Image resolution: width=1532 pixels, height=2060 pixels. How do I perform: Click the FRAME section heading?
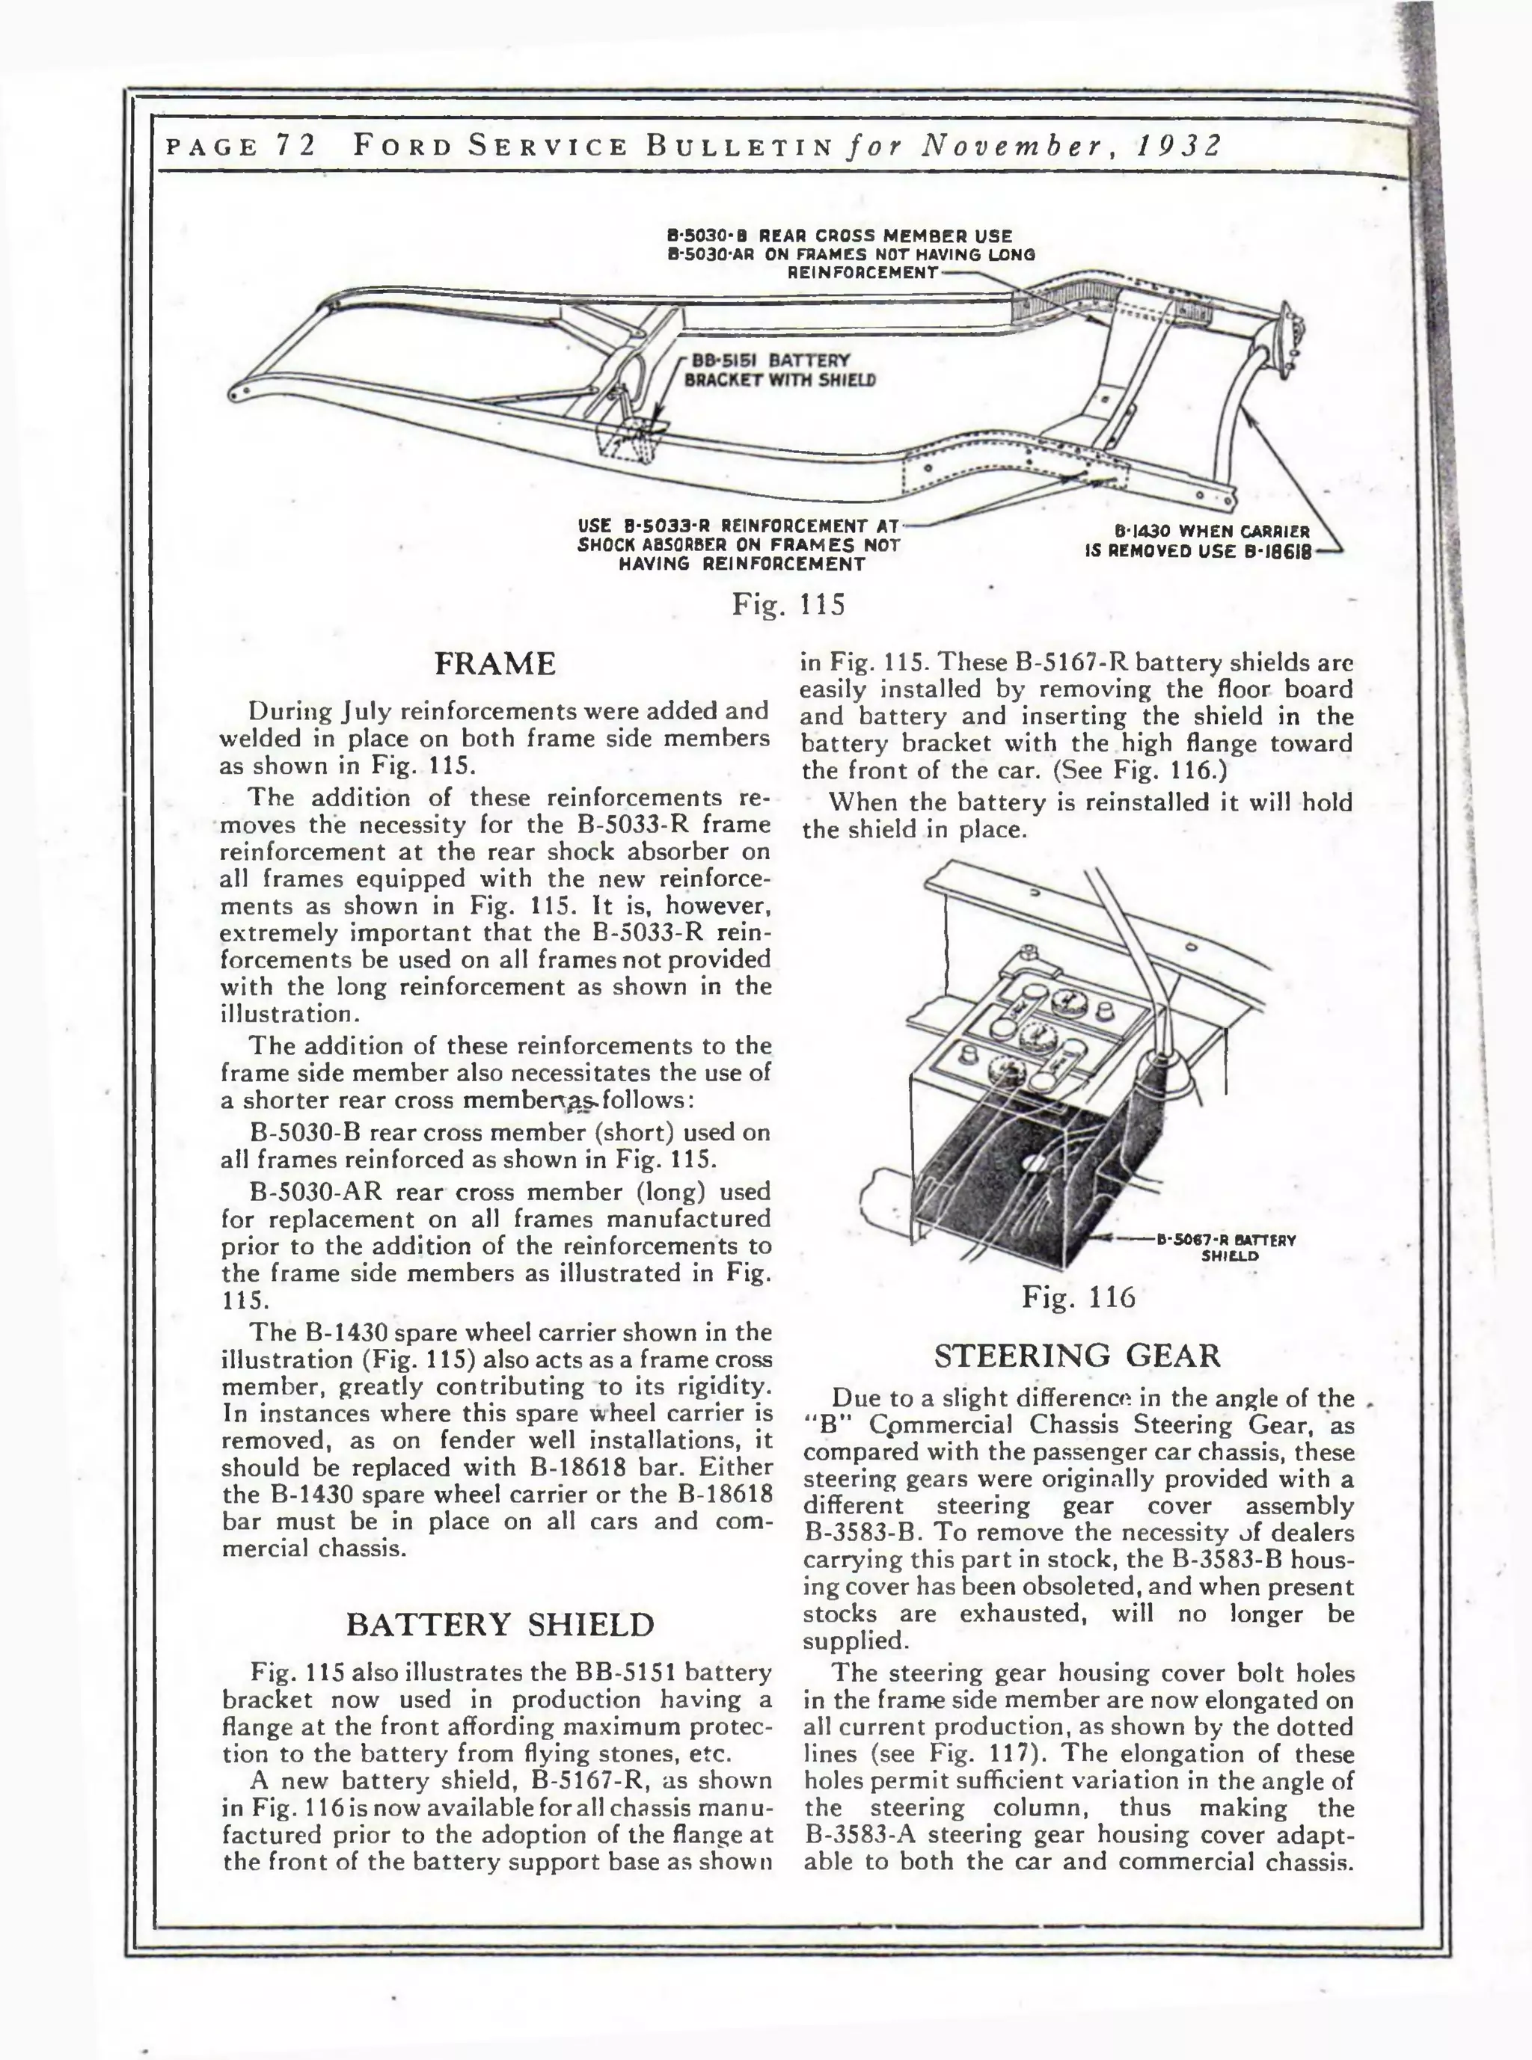pos(495,665)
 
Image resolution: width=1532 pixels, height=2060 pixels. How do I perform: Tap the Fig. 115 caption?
pos(788,604)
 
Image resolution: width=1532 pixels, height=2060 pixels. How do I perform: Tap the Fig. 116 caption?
pos(1078,1296)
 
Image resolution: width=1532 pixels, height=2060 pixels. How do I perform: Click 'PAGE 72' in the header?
pos(239,147)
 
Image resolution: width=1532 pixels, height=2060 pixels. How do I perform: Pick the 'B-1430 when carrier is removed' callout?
pos(1198,541)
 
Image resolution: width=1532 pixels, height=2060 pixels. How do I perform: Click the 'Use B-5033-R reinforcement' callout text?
pos(739,545)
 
